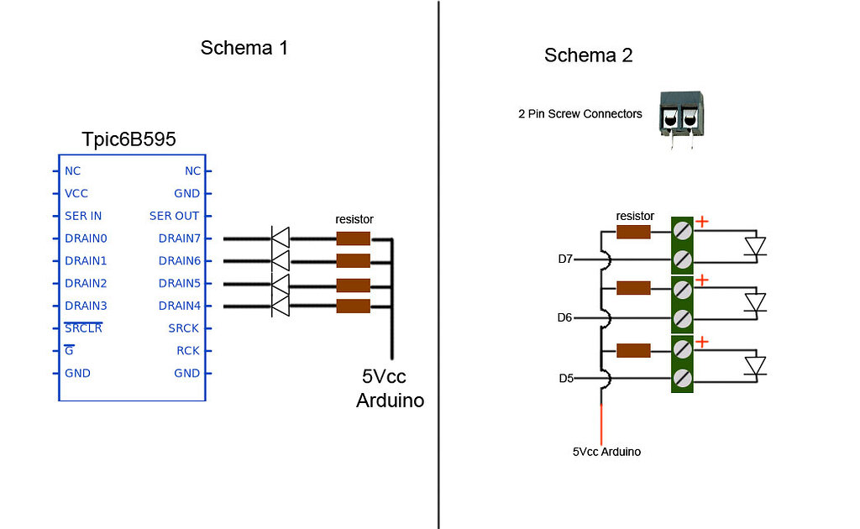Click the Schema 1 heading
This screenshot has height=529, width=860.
coord(244,48)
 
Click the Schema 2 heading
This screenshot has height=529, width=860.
coord(588,56)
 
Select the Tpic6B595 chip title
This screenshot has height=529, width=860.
coord(128,139)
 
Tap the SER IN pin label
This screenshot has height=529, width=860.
coord(83,216)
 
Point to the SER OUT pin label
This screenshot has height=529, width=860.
coord(175,216)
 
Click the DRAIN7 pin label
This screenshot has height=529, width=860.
coord(179,238)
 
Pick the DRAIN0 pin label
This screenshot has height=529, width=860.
coord(86,238)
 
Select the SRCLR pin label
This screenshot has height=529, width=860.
coord(83,328)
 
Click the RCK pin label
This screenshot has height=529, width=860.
coord(187,351)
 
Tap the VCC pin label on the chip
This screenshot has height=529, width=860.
coord(76,193)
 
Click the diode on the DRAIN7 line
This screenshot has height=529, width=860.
coord(280,238)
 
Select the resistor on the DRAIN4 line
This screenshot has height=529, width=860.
coord(353,306)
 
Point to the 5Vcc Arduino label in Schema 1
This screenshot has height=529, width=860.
coord(390,389)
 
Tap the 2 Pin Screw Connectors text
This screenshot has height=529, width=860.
coord(579,114)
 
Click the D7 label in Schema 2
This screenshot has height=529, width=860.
coord(565,259)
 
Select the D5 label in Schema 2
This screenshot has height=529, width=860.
coord(565,379)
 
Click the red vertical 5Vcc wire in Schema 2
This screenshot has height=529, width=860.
coord(601,420)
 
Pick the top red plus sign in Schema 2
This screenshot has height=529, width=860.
coord(702,223)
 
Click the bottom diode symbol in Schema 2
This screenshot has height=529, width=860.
coord(756,366)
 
